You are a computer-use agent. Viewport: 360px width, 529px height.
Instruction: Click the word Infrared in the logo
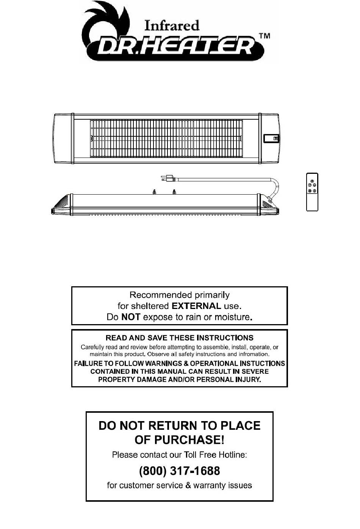(x=172, y=26)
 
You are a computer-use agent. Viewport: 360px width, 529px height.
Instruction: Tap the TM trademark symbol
(x=264, y=36)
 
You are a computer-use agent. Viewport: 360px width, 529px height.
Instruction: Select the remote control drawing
(x=312, y=192)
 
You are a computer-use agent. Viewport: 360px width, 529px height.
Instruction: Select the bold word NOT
(x=131, y=317)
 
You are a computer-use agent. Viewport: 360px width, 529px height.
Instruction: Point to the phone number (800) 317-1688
(x=180, y=471)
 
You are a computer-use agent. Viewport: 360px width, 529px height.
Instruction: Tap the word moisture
(x=233, y=317)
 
